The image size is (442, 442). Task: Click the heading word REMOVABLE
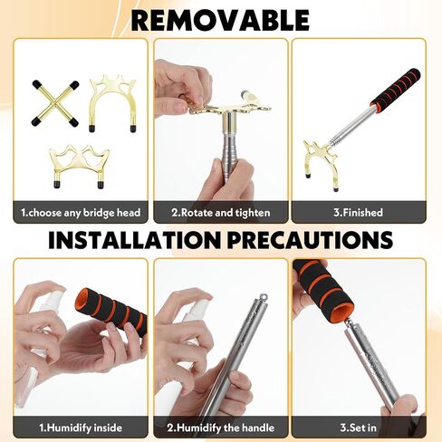220,20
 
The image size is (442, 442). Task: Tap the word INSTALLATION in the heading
135,240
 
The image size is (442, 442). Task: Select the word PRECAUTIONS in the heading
310,240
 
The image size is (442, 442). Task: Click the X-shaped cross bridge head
55,103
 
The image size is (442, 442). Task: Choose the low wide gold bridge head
79,165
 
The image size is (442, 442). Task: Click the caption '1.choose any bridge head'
81,213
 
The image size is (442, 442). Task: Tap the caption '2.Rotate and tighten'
221,213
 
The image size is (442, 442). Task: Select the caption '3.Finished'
359,213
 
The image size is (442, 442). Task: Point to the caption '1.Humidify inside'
81,428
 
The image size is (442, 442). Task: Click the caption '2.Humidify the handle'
221,428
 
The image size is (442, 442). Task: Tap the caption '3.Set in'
359,428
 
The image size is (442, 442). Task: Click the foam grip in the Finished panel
396,89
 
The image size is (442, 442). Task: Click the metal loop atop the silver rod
264,297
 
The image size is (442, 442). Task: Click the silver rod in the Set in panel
371,365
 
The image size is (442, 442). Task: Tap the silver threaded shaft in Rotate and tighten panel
228,145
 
